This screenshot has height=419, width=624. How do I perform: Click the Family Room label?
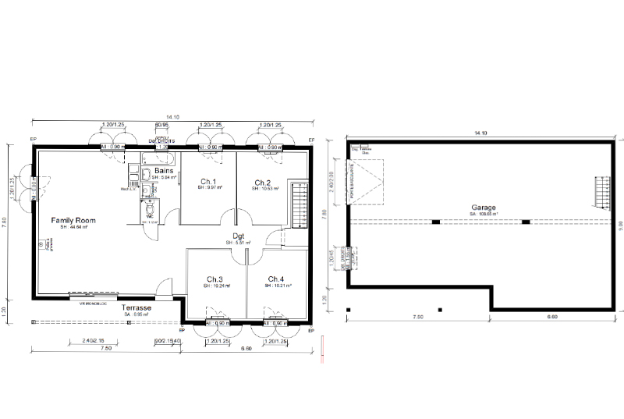[x=73, y=221]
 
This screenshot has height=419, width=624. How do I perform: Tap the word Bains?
[x=164, y=170]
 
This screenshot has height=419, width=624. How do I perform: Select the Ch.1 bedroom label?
[x=208, y=183]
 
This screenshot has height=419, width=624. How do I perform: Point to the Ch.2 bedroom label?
[x=262, y=183]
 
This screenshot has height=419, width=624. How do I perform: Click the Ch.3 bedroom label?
[x=215, y=279]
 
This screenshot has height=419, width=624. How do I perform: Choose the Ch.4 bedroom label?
[x=276, y=279]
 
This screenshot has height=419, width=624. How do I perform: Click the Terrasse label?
[x=136, y=308]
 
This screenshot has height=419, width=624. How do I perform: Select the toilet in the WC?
[x=149, y=208]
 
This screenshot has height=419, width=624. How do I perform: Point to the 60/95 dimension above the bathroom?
[x=161, y=125]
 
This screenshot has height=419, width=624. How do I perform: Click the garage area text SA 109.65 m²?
[x=484, y=213]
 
